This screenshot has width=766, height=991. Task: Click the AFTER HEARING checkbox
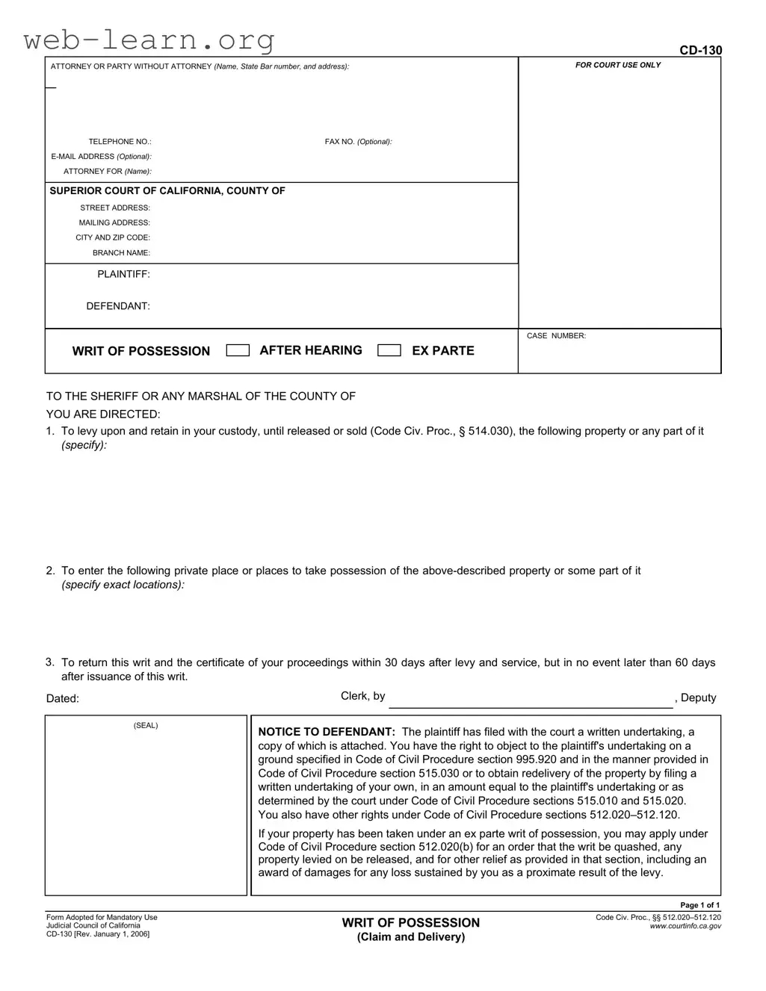click(x=238, y=350)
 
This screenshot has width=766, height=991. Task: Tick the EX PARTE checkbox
click(x=389, y=350)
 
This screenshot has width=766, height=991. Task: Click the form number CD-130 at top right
click(x=700, y=50)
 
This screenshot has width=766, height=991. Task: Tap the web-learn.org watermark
click(x=149, y=39)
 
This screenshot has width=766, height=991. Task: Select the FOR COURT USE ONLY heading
click(x=618, y=65)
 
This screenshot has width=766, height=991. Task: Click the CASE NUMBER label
click(x=556, y=336)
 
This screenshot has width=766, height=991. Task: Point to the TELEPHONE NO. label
click(x=120, y=141)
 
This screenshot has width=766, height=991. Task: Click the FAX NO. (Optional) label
click(x=358, y=141)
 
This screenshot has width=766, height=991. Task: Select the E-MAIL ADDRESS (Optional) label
click(x=101, y=156)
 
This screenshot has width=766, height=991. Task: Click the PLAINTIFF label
click(x=123, y=274)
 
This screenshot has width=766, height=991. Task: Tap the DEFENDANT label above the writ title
click(x=118, y=305)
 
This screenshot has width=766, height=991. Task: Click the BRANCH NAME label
click(x=121, y=252)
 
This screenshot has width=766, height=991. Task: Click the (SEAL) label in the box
click(x=146, y=725)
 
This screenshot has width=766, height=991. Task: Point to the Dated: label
click(x=63, y=698)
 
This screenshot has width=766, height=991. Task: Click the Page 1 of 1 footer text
click(x=699, y=905)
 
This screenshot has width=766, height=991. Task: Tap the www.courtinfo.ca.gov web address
click(x=685, y=926)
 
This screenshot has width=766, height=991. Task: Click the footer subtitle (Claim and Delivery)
click(x=411, y=936)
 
